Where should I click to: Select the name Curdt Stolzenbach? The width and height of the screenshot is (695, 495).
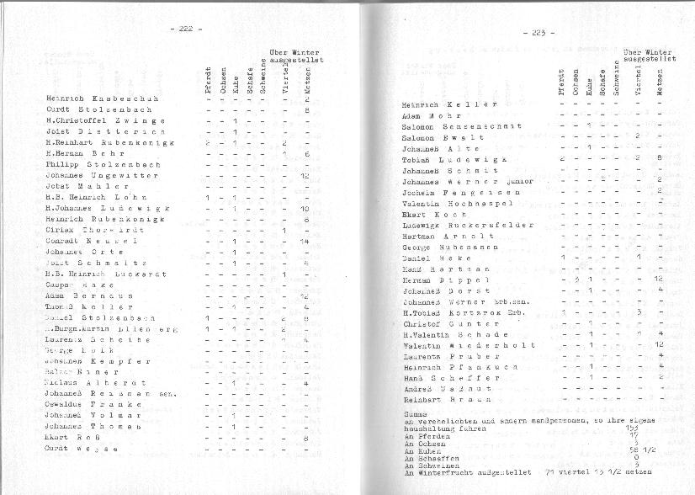point(98,109)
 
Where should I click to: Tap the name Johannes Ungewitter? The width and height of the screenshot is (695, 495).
point(103,175)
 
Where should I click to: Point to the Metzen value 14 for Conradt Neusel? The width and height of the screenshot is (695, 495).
point(305,241)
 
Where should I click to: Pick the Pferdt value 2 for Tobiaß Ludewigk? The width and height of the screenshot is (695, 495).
point(562,157)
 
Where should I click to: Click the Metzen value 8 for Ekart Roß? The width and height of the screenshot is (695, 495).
point(306,438)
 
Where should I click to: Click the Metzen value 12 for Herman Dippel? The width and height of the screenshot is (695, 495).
point(659,279)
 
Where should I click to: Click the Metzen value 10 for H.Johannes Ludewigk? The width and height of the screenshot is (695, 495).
point(305,208)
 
